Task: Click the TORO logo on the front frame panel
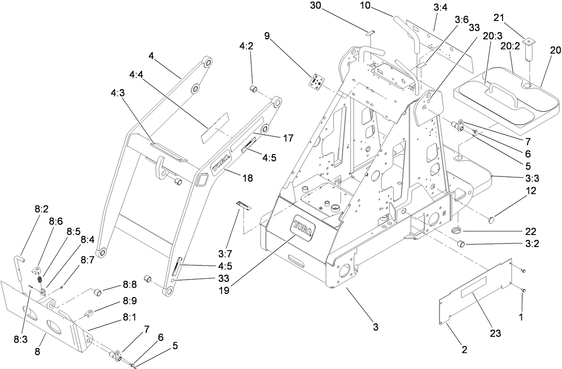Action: (x=304, y=226)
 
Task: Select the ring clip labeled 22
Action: (x=456, y=231)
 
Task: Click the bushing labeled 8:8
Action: (x=97, y=293)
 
